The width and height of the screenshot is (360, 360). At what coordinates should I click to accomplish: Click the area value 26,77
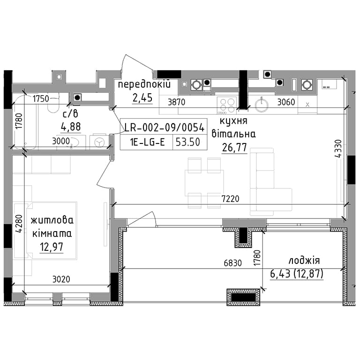pos(234,147)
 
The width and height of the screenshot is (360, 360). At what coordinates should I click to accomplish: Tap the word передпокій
pos(144,84)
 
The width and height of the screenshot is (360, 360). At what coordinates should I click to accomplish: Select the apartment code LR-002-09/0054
pos(164,127)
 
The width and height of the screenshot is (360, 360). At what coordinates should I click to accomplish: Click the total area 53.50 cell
pos(188,142)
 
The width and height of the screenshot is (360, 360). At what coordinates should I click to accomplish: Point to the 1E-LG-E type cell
pos(147,142)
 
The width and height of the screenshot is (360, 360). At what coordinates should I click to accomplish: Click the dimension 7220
pos(230,199)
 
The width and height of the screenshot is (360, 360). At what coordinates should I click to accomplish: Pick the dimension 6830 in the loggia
pos(233,263)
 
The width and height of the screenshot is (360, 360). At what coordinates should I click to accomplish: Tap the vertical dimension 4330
pos(338,149)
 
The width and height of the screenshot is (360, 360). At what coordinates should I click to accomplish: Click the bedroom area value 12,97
pos(52,247)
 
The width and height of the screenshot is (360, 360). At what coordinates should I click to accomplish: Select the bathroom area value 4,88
pos(71,127)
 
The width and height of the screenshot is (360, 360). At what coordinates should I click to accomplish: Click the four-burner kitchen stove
pos(226,106)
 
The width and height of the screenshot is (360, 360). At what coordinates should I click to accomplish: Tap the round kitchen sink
pos(262,105)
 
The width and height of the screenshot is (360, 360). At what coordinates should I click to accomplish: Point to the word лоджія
pos(304,260)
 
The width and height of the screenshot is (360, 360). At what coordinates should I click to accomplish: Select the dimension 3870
pos(176,102)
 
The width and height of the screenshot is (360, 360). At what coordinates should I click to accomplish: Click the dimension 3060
pos(286,102)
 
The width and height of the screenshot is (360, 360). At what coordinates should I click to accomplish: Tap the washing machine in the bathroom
pos(99,142)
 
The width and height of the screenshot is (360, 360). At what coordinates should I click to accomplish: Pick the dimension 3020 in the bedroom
pos(61,279)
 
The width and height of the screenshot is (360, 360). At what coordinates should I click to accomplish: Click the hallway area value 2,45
pos(142,98)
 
